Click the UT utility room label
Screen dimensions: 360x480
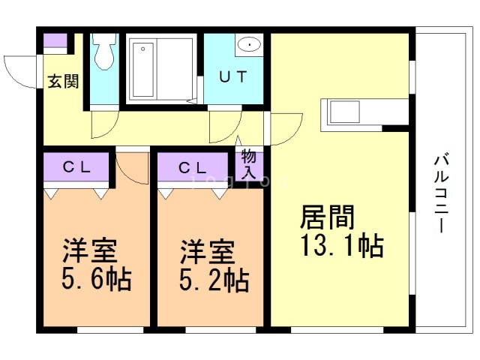[x=232, y=76]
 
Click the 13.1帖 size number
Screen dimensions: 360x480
[x=341, y=246]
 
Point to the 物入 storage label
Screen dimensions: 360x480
[x=249, y=164]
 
